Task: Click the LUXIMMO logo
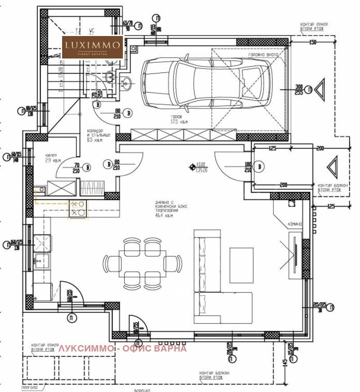click(92, 47)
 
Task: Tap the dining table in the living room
click(142, 262)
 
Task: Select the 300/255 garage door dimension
click(298, 89)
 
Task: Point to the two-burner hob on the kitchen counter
click(77, 208)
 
